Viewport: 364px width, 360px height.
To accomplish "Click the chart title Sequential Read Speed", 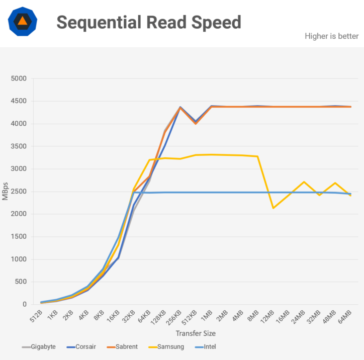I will (148, 23).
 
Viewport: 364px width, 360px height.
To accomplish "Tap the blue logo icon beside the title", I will (22, 22).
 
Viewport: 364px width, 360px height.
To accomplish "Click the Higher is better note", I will (331, 36).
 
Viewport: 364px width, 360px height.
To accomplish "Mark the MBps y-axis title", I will (6, 191).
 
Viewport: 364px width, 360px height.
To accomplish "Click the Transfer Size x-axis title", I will (196, 333).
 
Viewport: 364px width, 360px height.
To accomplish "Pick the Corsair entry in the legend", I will (85, 347).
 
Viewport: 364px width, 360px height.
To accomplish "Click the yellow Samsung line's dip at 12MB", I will (273, 208).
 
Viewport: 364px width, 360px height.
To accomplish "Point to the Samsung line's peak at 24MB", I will (304, 182).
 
